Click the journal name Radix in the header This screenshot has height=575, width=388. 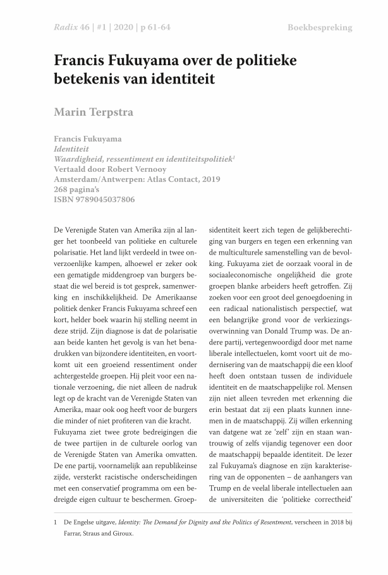[x=67, y=28]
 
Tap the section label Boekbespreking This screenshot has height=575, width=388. [x=320, y=28]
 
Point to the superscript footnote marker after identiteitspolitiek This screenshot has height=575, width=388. [x=234, y=157]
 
